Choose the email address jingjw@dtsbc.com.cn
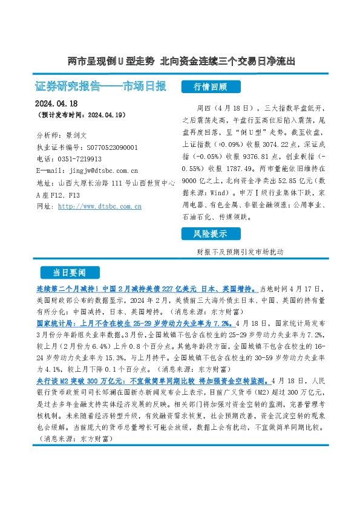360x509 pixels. [x=97, y=171]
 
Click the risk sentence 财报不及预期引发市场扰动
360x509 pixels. [x=240, y=251]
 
